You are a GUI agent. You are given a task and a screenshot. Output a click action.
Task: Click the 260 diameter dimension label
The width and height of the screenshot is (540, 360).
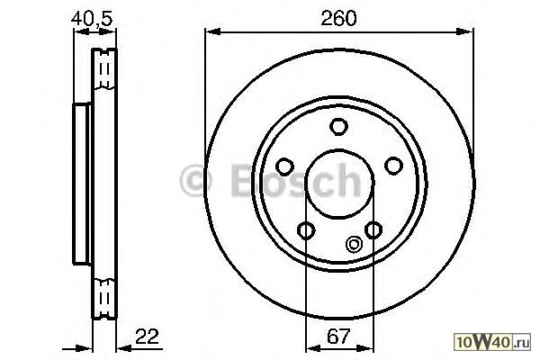[338, 18]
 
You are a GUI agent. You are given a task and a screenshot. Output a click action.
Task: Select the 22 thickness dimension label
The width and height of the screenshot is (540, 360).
[147, 337]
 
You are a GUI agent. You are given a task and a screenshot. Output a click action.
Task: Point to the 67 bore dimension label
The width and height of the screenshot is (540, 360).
[338, 337]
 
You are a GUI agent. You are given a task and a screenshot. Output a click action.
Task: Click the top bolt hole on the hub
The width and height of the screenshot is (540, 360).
[338, 126]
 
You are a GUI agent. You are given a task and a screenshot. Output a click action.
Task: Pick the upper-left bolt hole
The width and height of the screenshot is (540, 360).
[284, 166]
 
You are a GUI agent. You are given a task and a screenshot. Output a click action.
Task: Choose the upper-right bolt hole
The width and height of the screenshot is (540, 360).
[393, 166]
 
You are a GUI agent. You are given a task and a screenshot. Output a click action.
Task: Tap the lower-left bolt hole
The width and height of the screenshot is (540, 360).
[306, 230]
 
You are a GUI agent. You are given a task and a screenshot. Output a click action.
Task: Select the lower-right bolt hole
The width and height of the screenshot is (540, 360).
[373, 229]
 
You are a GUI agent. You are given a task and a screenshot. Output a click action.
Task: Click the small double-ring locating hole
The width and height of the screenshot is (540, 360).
[354, 244]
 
